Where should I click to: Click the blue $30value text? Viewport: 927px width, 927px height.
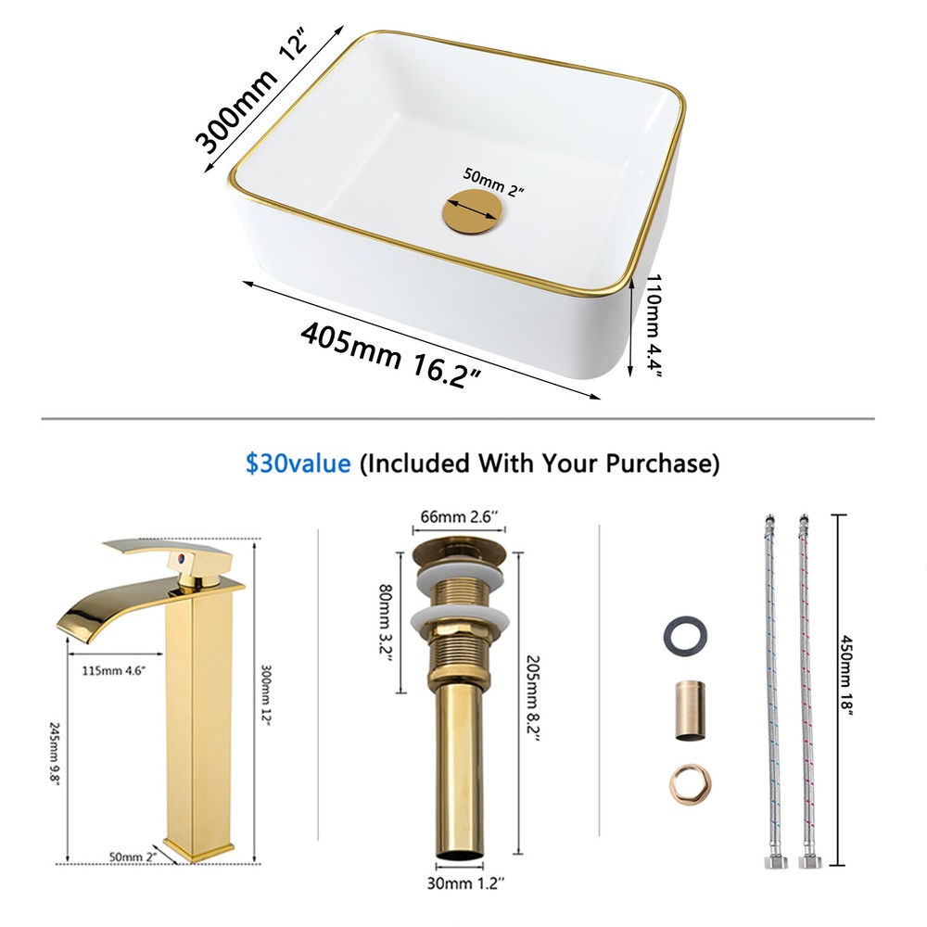298,462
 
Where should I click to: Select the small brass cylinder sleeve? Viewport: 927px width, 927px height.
688,711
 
